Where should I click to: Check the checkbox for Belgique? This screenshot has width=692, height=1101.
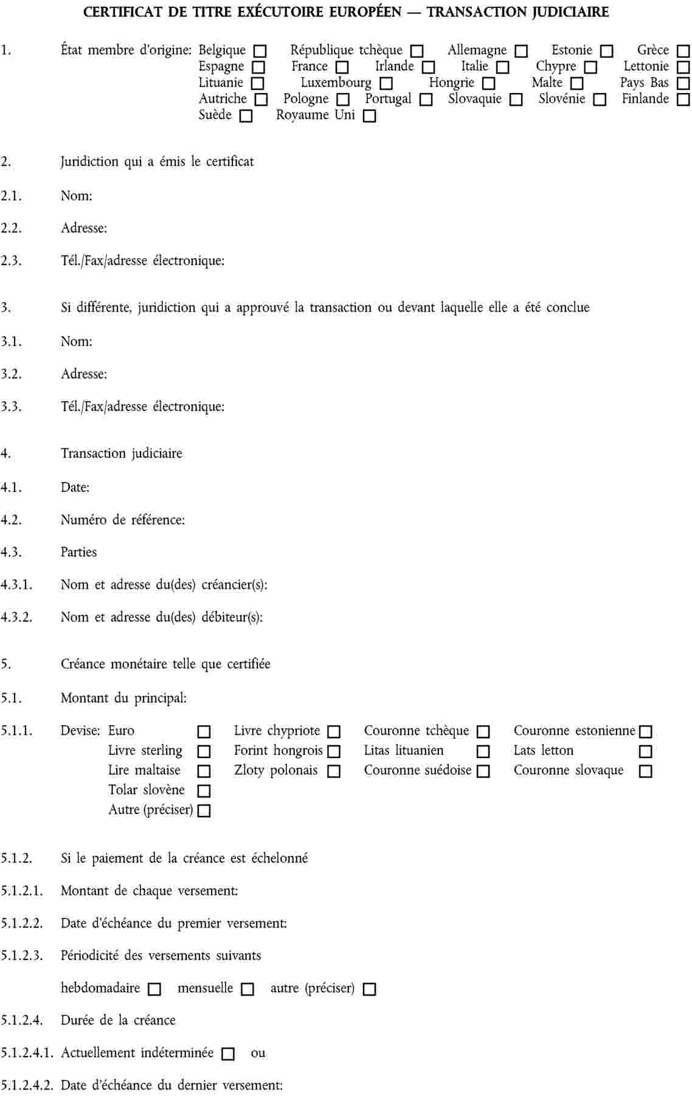(260, 51)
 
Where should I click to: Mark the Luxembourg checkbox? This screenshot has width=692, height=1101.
(386, 83)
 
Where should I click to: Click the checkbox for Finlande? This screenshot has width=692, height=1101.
(683, 100)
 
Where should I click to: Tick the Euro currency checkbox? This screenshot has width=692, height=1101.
(204, 731)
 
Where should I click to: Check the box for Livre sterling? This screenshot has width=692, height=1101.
(204, 751)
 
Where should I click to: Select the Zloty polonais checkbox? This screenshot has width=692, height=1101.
(334, 771)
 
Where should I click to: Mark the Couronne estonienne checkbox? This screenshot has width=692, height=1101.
(646, 731)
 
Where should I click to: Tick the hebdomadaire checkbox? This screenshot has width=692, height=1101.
(154, 989)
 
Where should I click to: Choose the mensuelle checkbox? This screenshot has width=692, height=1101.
(247, 989)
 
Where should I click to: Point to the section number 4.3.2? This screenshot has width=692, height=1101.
(16, 617)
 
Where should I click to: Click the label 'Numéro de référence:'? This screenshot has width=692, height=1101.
(123, 520)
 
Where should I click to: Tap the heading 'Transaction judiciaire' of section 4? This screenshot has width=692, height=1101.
(122, 454)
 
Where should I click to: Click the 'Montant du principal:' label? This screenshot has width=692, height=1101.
(123, 699)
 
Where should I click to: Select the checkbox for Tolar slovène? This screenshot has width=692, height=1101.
(204, 791)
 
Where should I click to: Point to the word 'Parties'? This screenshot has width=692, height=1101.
(79, 552)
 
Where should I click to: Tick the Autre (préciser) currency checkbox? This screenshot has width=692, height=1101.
(204, 811)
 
